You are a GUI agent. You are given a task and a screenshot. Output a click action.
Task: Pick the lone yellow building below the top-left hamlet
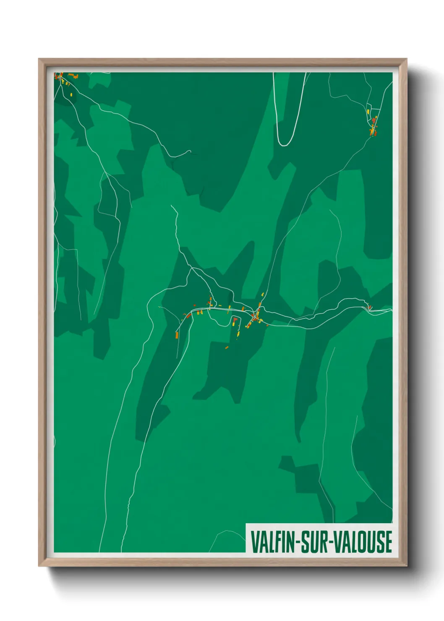pyautogui.click(x=71, y=94)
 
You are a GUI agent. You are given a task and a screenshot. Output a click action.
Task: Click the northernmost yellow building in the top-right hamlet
pyautogui.click(x=368, y=112)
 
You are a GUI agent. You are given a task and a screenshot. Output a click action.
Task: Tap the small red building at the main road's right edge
pyautogui.click(x=370, y=308)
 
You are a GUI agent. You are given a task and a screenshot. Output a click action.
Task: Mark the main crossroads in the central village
pyautogui.click(x=254, y=314)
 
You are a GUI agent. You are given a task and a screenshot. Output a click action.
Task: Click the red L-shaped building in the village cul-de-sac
pyautogui.click(x=235, y=320)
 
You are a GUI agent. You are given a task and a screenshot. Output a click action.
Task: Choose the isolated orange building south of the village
pyautogui.click(x=227, y=347)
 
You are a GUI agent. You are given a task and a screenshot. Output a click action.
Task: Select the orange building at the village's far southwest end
pyautogui.click(x=177, y=334)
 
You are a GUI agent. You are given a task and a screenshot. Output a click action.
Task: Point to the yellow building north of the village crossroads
pyautogui.click(x=263, y=295)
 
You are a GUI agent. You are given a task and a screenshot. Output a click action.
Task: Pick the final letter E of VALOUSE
pyautogui.click(x=388, y=542)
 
